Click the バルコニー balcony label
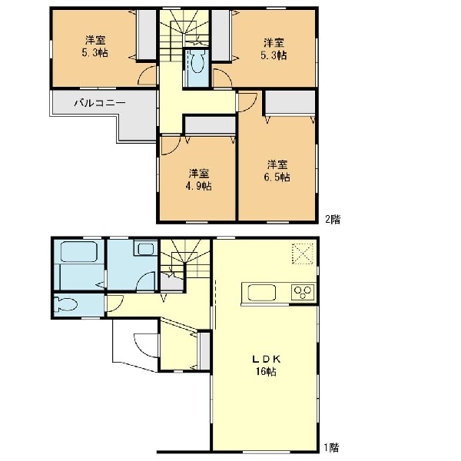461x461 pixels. (x=100, y=103)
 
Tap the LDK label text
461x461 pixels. (x=267, y=359)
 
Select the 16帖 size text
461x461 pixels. (x=266, y=372)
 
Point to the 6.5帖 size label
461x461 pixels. (x=277, y=177)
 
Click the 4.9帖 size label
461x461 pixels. (x=199, y=186)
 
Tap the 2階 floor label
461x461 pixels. (x=333, y=219)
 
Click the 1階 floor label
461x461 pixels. (x=332, y=448)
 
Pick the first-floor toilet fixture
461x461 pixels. (x=66, y=305)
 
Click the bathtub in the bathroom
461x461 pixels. (x=79, y=252)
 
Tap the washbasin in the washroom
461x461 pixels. (x=145, y=249)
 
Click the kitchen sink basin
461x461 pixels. (x=262, y=293)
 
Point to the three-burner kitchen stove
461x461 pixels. (x=303, y=292)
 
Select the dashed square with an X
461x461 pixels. (x=303, y=254)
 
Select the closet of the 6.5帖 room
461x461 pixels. (x=290, y=102)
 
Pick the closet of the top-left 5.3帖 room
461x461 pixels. (x=147, y=35)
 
